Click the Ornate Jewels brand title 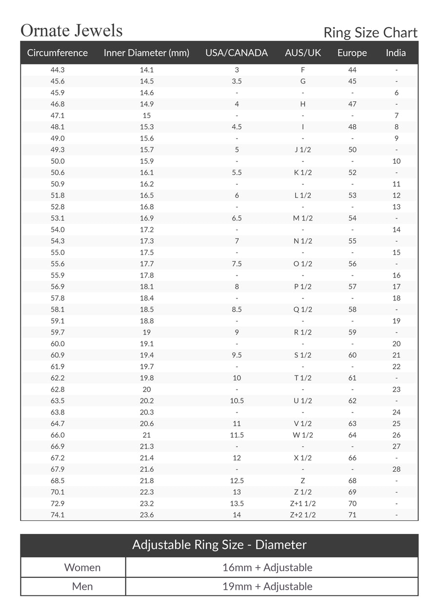click(x=71, y=31)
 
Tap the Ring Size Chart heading click(x=370, y=33)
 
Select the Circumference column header click(x=58, y=53)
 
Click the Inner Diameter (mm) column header click(x=146, y=53)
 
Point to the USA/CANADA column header click(x=237, y=53)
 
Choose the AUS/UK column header click(x=303, y=53)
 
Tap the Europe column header click(x=352, y=53)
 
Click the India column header click(x=396, y=53)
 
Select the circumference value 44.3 click(x=58, y=70)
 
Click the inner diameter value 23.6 click(x=147, y=514)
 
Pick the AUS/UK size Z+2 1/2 click(x=303, y=514)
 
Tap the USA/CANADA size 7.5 click(x=237, y=264)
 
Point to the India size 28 click(x=396, y=469)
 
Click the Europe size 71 click(x=352, y=514)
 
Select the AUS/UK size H click(x=303, y=104)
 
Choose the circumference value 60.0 click(x=58, y=344)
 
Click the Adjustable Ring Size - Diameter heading click(x=219, y=545)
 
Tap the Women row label click(x=82, y=567)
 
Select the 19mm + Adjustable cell click(x=267, y=586)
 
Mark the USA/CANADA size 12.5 click(x=237, y=480)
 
